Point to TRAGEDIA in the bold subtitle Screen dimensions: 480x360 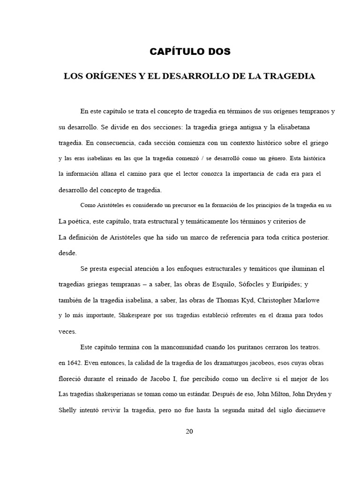[x=292, y=76]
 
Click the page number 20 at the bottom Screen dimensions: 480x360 [x=189, y=432]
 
